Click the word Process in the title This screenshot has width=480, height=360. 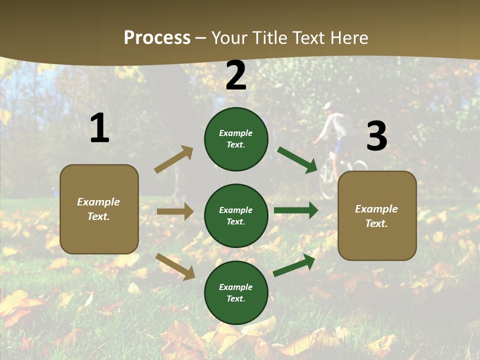tap(157, 37)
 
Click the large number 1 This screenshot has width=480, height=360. tap(99, 128)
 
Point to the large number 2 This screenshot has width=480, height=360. tap(236, 75)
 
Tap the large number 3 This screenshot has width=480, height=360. tap(377, 136)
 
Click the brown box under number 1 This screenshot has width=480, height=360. tap(99, 209)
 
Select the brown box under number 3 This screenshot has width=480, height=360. tap(377, 215)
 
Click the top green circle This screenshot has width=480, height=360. tap(236, 139)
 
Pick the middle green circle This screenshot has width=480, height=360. tap(236, 215)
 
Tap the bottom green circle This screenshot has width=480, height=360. tap(236, 292)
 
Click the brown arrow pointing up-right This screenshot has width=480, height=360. tap(174, 159)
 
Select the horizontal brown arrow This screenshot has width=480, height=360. tap(175, 211)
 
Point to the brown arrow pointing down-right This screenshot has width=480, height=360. tap(175, 266)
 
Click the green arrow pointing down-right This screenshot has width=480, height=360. tap(297, 159)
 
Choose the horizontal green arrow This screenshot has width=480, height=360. tap(296, 210)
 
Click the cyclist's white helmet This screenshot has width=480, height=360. tap(327, 106)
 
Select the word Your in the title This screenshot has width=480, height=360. tap(229, 37)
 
